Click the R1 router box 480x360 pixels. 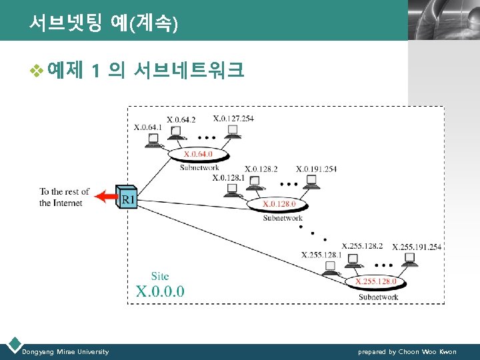(x=128, y=197)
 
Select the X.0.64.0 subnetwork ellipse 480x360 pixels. (x=198, y=155)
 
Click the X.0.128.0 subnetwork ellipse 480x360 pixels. (x=279, y=204)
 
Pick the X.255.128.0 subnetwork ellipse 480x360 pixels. (x=375, y=282)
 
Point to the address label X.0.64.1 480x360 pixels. (x=149, y=127)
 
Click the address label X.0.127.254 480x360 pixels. (x=233, y=119)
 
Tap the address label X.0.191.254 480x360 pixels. (x=316, y=169)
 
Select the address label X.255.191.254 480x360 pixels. (x=417, y=247)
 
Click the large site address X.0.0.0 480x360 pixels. (x=160, y=291)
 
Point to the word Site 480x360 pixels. (x=160, y=275)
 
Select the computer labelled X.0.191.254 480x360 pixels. (x=311, y=181)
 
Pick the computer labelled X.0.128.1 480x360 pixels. (x=232, y=191)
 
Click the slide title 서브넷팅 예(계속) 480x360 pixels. (x=104, y=24)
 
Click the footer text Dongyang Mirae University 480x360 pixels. (x=65, y=351)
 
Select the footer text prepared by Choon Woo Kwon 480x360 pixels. (x=407, y=351)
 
